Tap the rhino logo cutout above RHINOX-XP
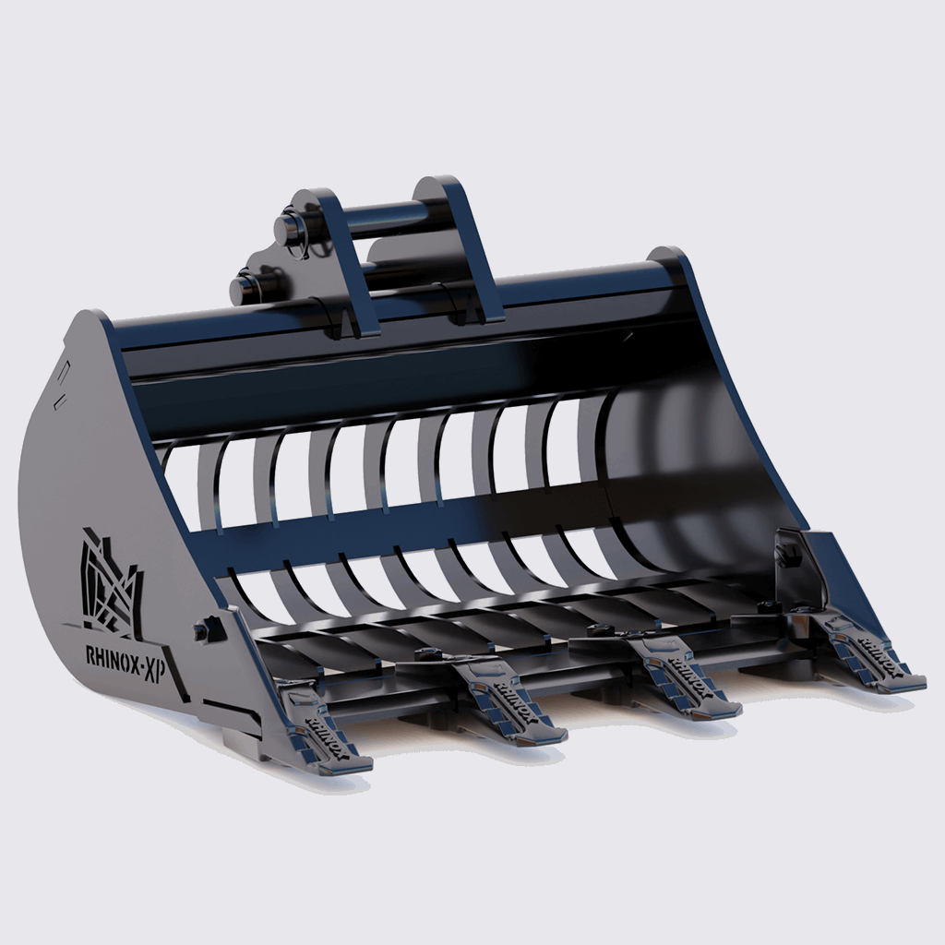pyautogui.click(x=109, y=583)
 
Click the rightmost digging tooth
pyautogui.click(x=872, y=659)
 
